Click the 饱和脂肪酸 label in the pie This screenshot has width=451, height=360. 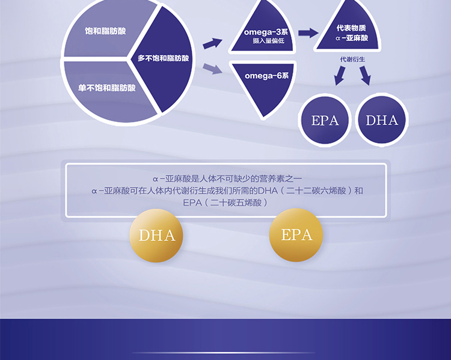(105, 31)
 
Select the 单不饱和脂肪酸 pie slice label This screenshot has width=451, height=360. (106, 88)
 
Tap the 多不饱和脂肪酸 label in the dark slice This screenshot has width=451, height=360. (163, 58)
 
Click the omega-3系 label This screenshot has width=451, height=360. (266, 32)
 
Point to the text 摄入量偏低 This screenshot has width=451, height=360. (268, 41)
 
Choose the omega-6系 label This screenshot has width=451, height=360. (266, 76)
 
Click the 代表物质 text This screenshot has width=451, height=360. (351, 28)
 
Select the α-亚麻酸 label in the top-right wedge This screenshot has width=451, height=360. (352, 38)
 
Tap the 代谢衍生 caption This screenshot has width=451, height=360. (352, 59)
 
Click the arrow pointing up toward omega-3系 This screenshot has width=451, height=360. (212, 43)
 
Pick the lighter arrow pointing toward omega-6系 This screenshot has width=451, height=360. (212, 69)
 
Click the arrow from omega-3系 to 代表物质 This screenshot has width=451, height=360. (308, 33)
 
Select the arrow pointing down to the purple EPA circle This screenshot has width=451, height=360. (340, 76)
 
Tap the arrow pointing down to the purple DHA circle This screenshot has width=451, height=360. (365, 75)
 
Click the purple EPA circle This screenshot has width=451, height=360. (325, 120)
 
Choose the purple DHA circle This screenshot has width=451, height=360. (382, 120)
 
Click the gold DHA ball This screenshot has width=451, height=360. (156, 236)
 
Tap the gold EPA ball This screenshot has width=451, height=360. (296, 235)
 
